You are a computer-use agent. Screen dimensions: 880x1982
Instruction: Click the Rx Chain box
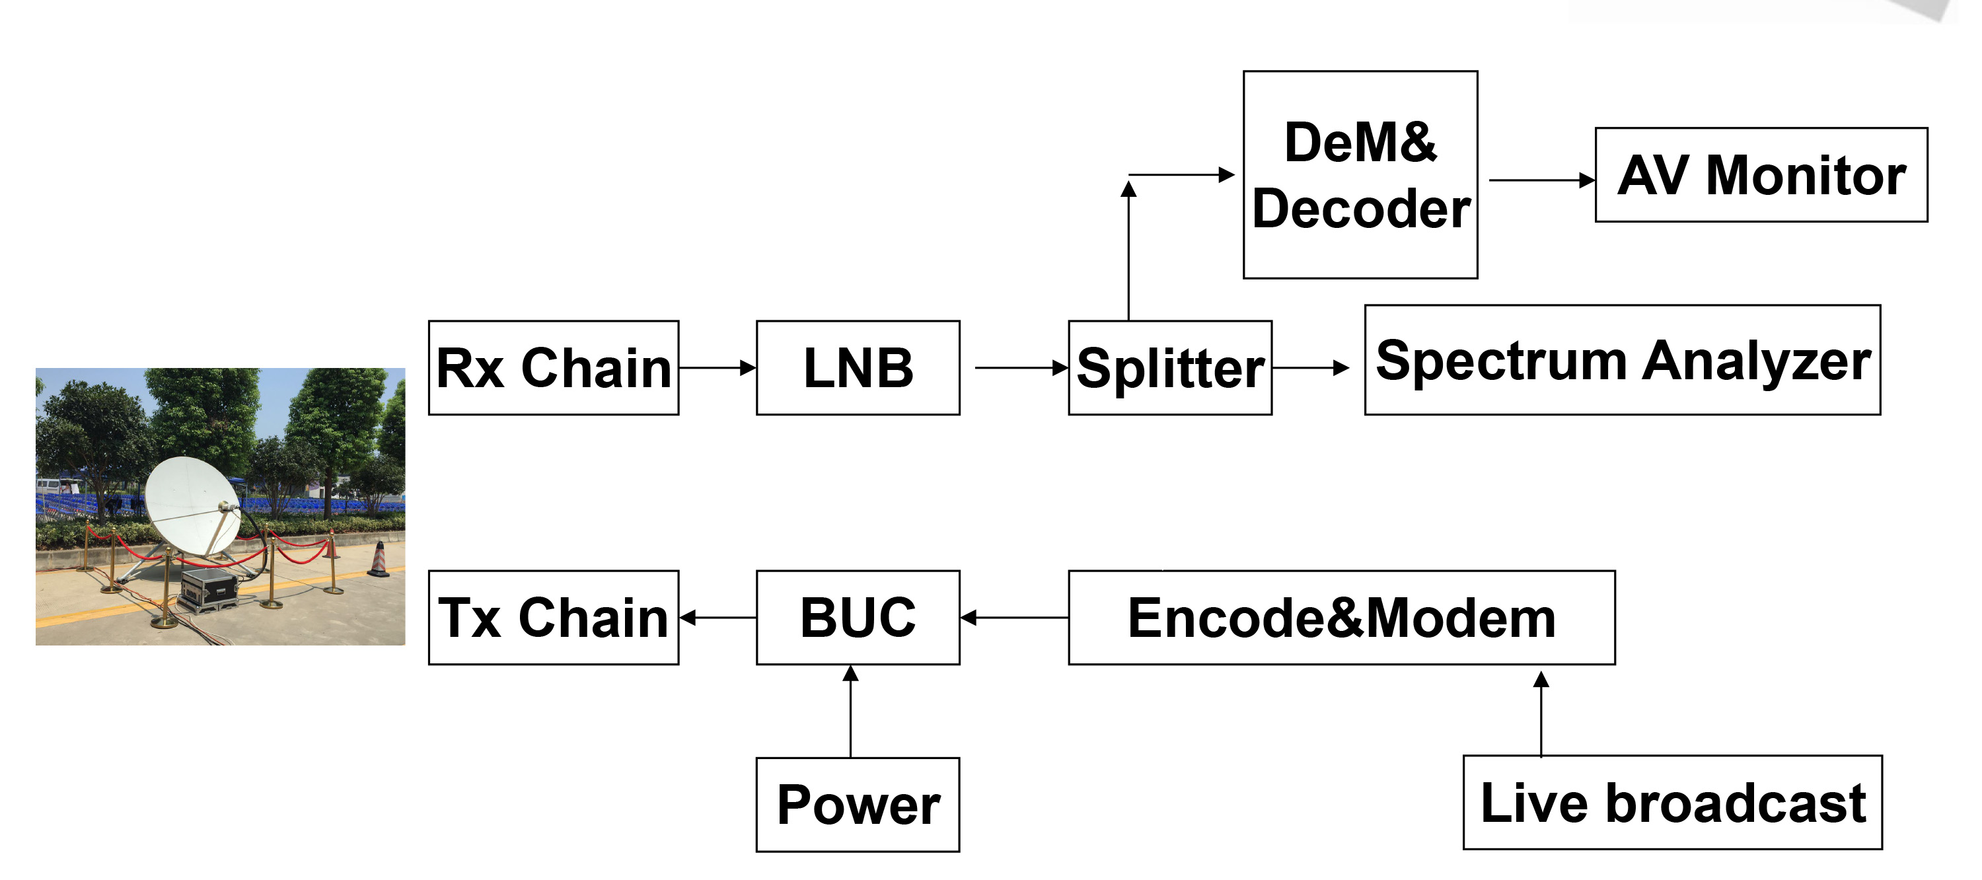[553, 368]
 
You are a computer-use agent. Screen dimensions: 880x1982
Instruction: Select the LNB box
[858, 368]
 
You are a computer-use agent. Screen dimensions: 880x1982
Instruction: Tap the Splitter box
[1169, 368]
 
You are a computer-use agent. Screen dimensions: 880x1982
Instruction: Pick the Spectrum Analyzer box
[1622, 360]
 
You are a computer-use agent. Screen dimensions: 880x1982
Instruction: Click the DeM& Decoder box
[1360, 174]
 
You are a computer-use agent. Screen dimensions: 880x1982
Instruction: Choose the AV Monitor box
[1761, 174]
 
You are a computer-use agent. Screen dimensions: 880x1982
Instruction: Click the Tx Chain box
[553, 617]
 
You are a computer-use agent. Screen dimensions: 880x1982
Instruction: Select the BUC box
[858, 617]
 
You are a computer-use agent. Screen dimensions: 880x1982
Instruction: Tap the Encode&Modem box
[1341, 617]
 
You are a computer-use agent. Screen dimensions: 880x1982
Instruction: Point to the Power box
[858, 805]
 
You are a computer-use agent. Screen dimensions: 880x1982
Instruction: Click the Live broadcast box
[1672, 802]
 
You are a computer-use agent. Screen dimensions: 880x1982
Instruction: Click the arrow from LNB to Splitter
[1020, 368]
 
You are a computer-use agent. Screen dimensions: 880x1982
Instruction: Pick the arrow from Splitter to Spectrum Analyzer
[1309, 368]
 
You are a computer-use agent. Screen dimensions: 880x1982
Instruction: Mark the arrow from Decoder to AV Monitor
[1541, 180]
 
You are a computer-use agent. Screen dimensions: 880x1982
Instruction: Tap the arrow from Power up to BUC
[850, 712]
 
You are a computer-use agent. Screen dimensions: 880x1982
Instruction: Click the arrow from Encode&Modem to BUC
[1014, 617]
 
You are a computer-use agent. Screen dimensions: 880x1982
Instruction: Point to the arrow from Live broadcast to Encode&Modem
[1541, 714]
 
